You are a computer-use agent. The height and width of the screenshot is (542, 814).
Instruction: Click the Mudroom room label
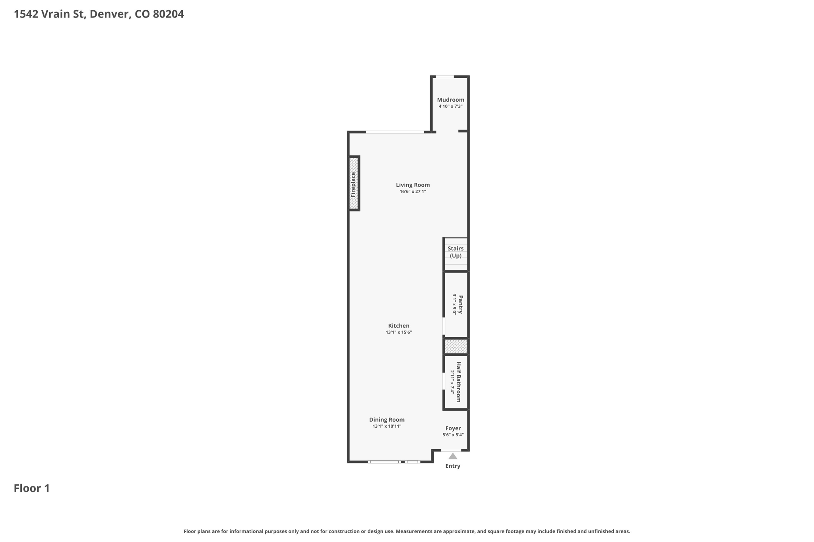pyautogui.click(x=450, y=100)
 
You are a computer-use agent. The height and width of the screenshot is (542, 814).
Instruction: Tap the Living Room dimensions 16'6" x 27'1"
pyautogui.click(x=413, y=191)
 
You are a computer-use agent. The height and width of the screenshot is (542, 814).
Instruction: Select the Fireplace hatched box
pyautogui.click(x=354, y=183)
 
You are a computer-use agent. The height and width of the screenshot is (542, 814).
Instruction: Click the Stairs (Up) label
pyautogui.click(x=455, y=252)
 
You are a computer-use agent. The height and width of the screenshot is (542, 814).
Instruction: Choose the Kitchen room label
pyautogui.click(x=399, y=326)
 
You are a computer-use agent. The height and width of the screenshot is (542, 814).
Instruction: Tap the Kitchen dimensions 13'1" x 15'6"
pyautogui.click(x=399, y=332)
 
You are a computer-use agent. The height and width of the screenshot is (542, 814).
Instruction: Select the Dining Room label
pyautogui.click(x=387, y=420)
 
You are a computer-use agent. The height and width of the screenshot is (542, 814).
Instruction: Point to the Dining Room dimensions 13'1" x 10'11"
pyautogui.click(x=387, y=426)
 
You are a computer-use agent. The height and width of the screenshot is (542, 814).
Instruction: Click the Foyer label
pyautogui.click(x=453, y=428)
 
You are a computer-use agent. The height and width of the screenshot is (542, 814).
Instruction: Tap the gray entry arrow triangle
pyautogui.click(x=453, y=456)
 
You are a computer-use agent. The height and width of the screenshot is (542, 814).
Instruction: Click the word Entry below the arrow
pyautogui.click(x=453, y=466)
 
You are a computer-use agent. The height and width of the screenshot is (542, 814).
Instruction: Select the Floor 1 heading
pyautogui.click(x=32, y=488)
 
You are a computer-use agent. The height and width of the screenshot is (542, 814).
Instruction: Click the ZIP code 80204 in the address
pyautogui.click(x=168, y=14)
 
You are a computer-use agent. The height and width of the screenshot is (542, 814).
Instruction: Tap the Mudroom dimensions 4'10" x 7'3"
pyautogui.click(x=450, y=106)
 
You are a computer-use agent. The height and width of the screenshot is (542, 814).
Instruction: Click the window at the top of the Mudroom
pyautogui.click(x=445, y=77)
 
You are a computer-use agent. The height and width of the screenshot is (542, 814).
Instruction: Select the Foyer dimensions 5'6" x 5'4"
pyautogui.click(x=453, y=435)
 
